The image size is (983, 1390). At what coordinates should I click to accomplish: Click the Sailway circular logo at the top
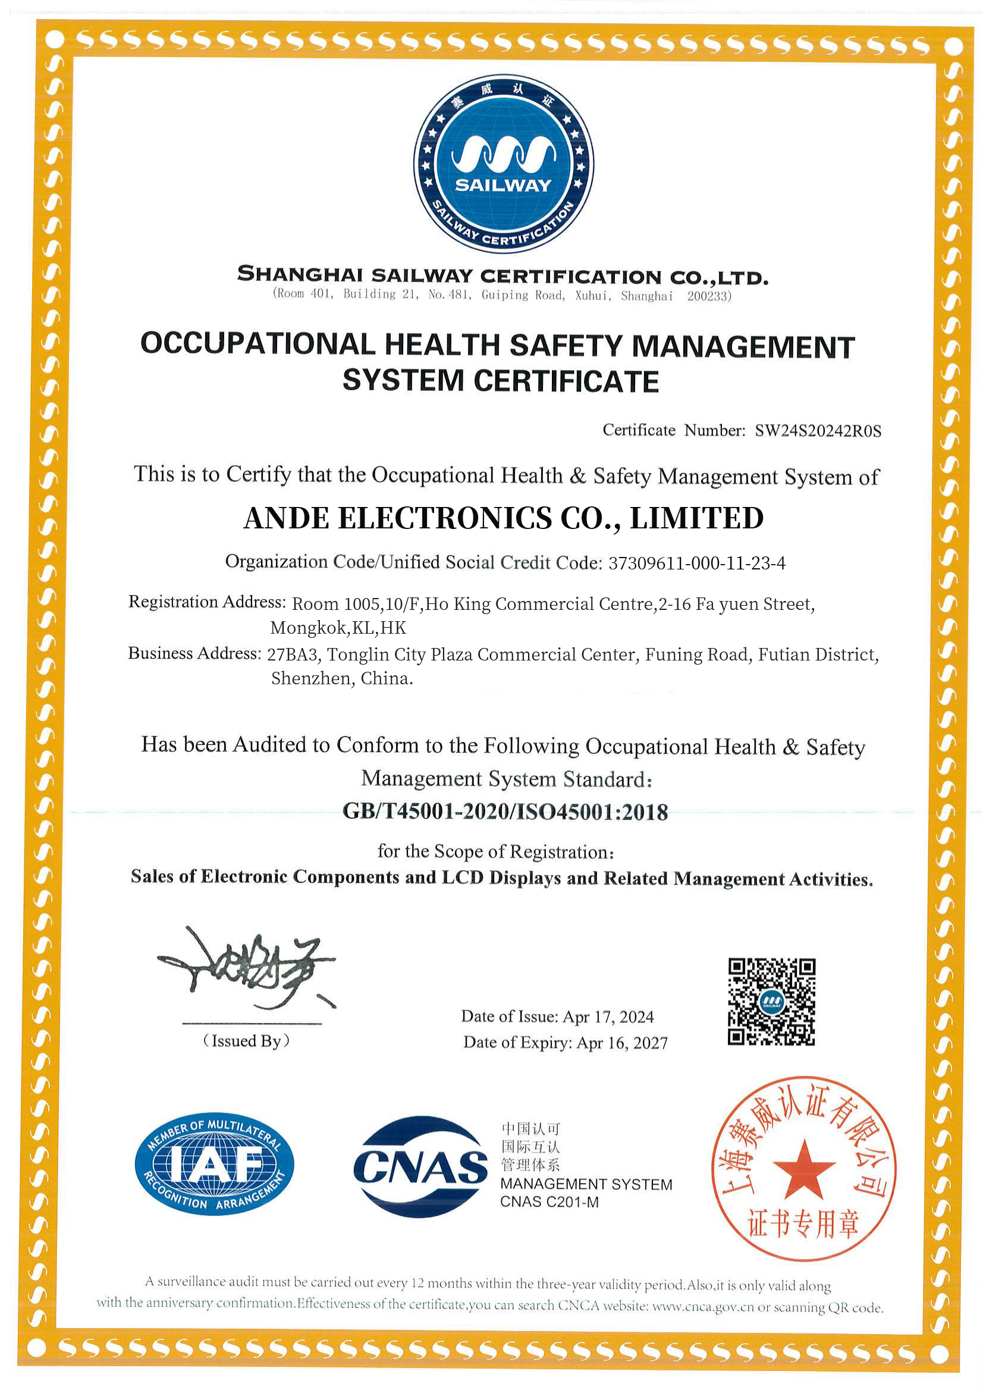pyautogui.click(x=503, y=164)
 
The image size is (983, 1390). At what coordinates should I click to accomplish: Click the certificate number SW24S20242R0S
pyautogui.click(x=818, y=431)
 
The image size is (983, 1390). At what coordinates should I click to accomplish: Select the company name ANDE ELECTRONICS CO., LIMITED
pyautogui.click(x=503, y=518)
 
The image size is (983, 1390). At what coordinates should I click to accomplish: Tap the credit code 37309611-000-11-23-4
pyautogui.click(x=697, y=563)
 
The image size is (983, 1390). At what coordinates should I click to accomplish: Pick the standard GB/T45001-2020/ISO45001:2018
pyautogui.click(x=505, y=812)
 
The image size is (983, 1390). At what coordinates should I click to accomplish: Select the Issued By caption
pyautogui.click(x=246, y=1041)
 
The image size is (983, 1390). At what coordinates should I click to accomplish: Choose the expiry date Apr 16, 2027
pyautogui.click(x=621, y=1042)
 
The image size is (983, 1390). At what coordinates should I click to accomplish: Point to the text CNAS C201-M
pyautogui.click(x=549, y=1202)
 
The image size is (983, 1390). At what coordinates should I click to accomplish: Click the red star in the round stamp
pyautogui.click(x=803, y=1169)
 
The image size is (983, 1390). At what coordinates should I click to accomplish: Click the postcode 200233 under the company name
pyautogui.click(x=708, y=296)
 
